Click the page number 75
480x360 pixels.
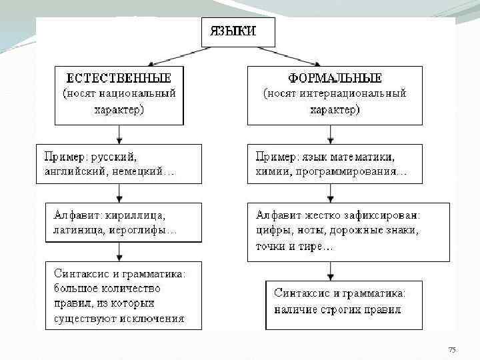coord(452,350)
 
